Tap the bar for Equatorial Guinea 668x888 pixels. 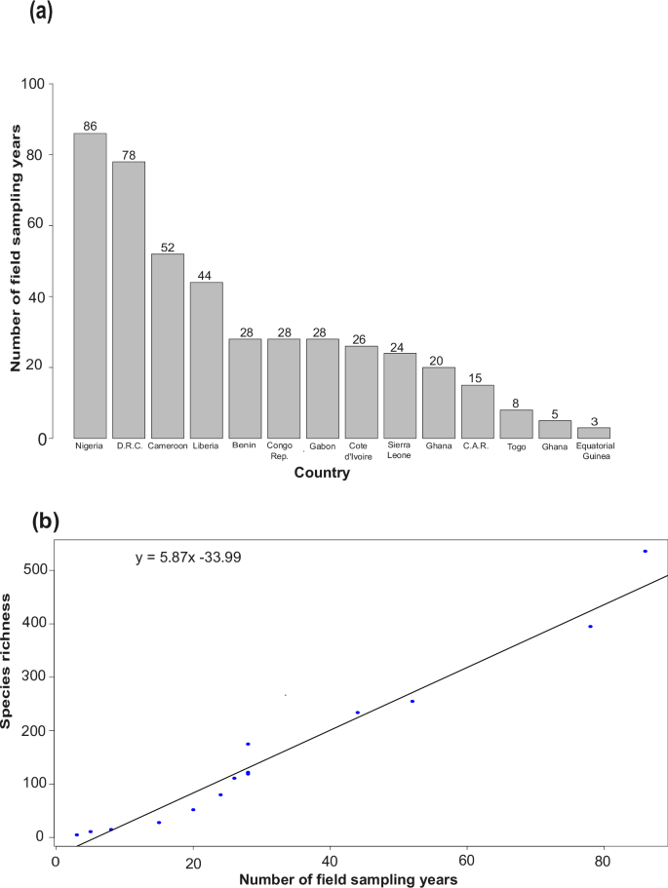[x=593, y=433]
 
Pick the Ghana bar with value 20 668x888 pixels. [x=438, y=403]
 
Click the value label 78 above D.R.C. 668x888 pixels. [x=129, y=155]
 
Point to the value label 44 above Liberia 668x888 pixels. [x=206, y=276]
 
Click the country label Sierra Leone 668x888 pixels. [x=399, y=450]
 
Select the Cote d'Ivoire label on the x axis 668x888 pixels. [x=361, y=450]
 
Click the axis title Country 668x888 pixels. [x=322, y=475]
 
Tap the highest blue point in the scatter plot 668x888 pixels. [x=645, y=552]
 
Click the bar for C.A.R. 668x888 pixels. [x=477, y=411]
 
